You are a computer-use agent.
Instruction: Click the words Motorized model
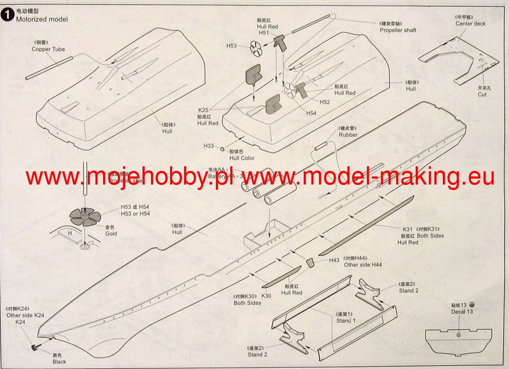point(42,19)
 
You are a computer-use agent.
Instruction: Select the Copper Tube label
point(48,49)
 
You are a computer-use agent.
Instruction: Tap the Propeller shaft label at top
point(398,30)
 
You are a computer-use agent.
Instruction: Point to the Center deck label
point(470,24)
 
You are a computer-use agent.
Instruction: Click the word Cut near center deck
point(482,95)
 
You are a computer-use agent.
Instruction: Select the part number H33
point(208,146)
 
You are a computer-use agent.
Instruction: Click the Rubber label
point(348,135)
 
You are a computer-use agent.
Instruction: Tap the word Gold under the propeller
point(111,234)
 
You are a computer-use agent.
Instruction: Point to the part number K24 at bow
point(21,322)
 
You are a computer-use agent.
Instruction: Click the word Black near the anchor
point(59,362)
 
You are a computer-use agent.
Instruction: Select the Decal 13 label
point(462,312)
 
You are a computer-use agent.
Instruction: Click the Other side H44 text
point(363,265)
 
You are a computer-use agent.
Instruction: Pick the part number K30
point(266,296)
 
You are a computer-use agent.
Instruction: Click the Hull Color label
point(242,158)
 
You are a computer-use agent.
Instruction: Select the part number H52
point(324,102)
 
